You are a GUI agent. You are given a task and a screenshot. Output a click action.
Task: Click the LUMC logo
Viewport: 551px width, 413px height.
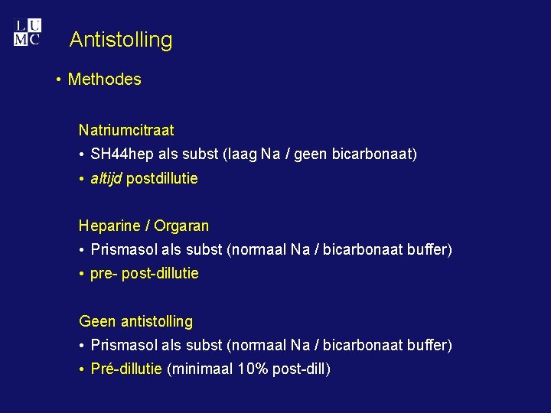(x=27, y=33)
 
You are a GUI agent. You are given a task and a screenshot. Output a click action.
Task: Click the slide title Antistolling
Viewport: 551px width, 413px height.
(x=121, y=40)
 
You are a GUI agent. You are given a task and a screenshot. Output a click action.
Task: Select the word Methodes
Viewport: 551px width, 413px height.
(x=105, y=80)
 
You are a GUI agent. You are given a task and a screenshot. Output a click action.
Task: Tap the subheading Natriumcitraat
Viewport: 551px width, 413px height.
(x=126, y=130)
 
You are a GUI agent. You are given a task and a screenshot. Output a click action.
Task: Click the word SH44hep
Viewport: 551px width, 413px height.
(x=122, y=154)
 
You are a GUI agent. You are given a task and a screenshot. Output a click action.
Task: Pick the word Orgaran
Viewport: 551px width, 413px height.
(x=181, y=226)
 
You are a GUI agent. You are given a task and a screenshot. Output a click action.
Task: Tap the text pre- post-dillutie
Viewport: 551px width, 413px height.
(x=144, y=274)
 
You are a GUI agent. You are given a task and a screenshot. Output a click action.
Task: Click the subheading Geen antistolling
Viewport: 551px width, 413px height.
(x=135, y=322)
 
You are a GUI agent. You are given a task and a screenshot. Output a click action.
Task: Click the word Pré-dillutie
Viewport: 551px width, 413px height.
(x=126, y=369)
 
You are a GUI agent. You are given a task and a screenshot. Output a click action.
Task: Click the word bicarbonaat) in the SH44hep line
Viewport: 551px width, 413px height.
(x=375, y=154)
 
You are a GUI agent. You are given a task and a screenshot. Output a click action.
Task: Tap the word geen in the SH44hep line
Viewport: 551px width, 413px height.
(x=310, y=154)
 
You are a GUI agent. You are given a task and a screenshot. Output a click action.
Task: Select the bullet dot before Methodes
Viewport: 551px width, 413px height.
(x=59, y=80)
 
